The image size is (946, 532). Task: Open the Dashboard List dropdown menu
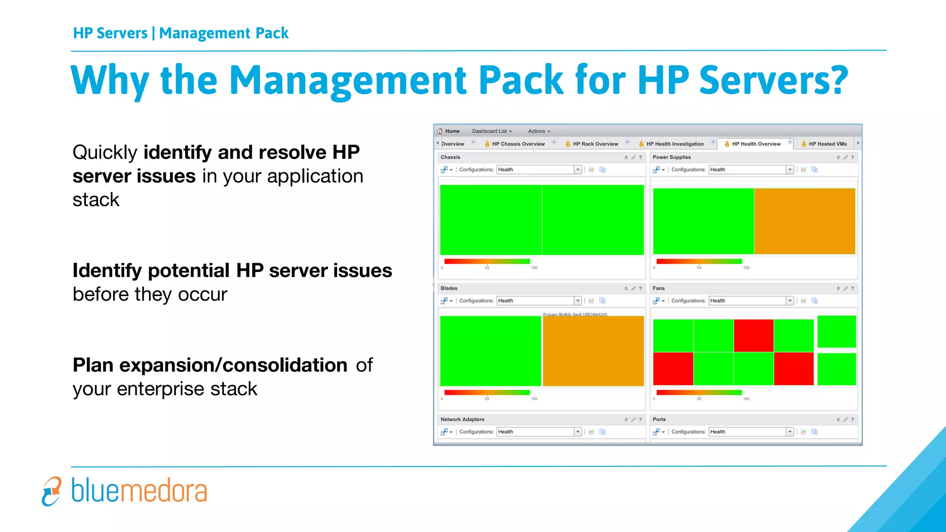[492, 131]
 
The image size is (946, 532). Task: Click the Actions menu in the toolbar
[539, 131]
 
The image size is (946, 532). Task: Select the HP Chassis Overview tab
[518, 144]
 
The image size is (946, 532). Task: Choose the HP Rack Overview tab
[595, 144]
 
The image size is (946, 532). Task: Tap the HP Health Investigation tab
[674, 144]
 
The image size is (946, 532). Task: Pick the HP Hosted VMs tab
[827, 144]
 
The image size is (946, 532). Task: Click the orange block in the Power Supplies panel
[804, 221]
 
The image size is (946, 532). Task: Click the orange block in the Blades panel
[593, 351]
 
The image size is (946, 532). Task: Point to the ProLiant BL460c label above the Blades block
[575, 314]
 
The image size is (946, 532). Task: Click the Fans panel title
[659, 288]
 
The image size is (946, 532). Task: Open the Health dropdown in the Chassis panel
[577, 169]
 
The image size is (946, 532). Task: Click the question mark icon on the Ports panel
[852, 419]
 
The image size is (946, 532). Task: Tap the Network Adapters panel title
[462, 419]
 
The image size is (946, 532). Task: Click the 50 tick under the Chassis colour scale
[487, 268]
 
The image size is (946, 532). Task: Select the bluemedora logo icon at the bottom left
[52, 491]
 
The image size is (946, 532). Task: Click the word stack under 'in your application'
[96, 200]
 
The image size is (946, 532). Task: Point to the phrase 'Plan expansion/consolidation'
[210, 365]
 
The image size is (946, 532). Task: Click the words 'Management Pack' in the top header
[224, 33]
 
